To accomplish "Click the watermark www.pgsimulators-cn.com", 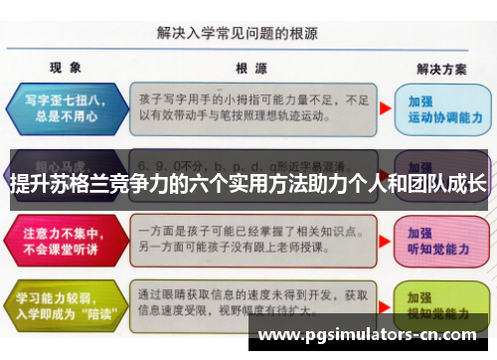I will tap(367, 335).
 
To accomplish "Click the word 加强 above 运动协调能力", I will tap(421, 101).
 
